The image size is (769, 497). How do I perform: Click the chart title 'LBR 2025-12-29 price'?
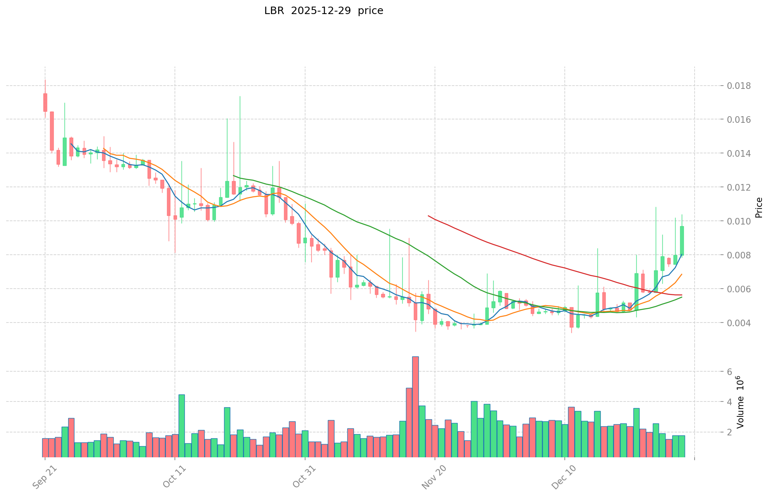tap(323, 11)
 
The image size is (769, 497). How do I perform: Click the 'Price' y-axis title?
tap(758, 208)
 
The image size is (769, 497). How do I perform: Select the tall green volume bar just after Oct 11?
tap(182, 426)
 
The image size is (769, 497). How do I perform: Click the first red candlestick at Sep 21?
tap(45, 102)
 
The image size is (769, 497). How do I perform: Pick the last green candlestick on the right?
tap(682, 241)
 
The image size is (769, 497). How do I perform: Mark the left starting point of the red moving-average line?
tap(428, 215)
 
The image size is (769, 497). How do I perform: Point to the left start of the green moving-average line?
tap(234, 176)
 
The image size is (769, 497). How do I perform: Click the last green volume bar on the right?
tap(682, 446)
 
